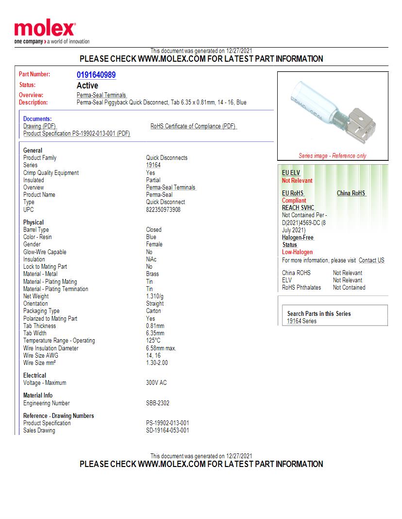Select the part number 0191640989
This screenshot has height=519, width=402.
tap(96, 75)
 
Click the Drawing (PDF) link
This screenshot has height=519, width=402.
tap(40, 126)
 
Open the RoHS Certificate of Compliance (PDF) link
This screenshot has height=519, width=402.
tap(193, 126)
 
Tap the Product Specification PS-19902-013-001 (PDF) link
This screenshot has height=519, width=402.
tap(77, 134)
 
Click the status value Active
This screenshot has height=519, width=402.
tap(87, 86)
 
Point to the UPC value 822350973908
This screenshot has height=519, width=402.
tap(163, 209)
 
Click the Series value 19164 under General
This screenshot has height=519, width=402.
tap(153, 165)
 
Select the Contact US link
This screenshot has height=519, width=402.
tap(371, 260)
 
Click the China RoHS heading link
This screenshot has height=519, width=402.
tap(351, 193)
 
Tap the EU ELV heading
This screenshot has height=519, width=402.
tap(291, 173)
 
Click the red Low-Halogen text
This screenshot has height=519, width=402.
tap(297, 252)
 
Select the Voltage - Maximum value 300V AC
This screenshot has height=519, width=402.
tap(156, 383)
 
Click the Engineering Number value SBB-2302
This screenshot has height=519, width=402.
tap(158, 403)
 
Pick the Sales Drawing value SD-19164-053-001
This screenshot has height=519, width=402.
tap(167, 431)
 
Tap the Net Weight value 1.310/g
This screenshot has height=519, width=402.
tap(155, 296)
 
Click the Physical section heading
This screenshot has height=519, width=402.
tap(33, 223)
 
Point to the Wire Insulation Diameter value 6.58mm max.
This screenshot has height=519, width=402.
tap(161, 348)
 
